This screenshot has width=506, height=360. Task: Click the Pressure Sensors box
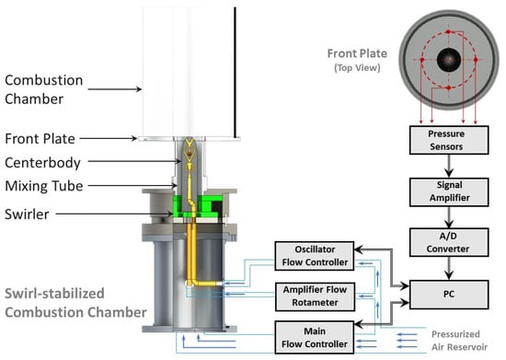[x=449, y=140]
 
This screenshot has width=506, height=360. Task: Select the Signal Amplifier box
[x=449, y=192]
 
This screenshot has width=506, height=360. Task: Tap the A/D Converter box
[x=449, y=242]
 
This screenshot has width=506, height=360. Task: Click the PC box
[x=449, y=295]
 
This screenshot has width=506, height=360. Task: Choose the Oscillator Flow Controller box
[x=315, y=256]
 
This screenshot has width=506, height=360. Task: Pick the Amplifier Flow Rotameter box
[x=315, y=296]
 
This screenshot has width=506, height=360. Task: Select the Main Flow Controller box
[x=315, y=337]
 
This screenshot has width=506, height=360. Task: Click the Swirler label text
[x=27, y=214]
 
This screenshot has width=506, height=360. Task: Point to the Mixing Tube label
[x=44, y=186]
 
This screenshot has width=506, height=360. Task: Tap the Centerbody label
[x=42, y=163]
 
